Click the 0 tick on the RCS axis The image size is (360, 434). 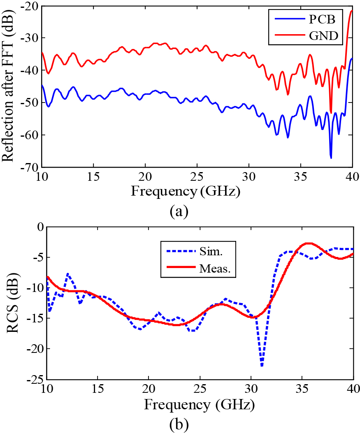tap(39, 226)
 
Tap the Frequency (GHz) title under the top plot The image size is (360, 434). tap(186, 191)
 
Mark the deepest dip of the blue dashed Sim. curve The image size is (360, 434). tap(262, 366)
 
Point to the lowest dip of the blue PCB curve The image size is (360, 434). tap(331, 158)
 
